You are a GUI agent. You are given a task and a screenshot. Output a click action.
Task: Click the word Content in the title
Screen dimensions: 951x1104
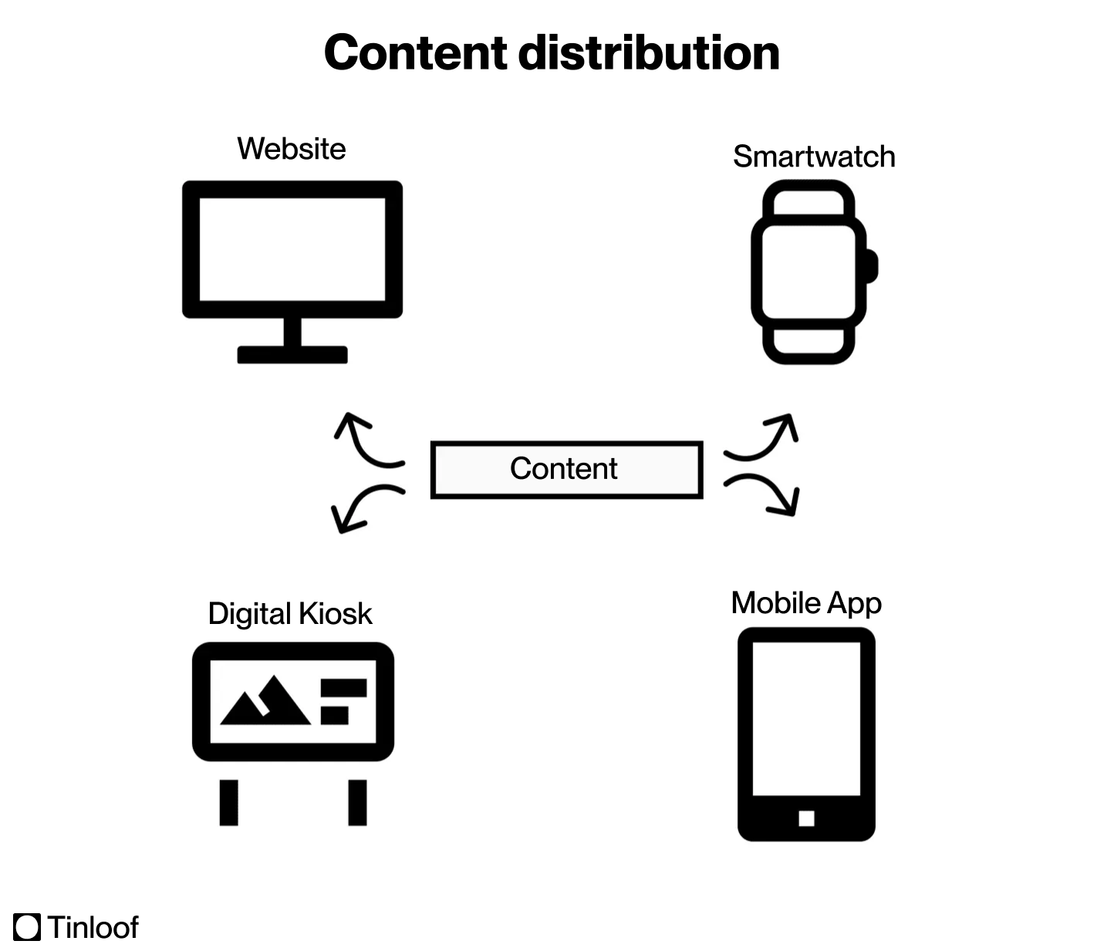point(415,52)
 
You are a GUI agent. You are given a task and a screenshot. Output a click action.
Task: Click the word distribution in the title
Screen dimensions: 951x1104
point(648,52)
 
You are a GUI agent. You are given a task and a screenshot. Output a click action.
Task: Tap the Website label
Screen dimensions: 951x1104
point(292,148)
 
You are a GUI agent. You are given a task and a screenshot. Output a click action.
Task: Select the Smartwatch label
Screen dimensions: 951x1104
point(814,157)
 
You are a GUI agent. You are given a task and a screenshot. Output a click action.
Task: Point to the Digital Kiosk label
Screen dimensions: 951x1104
point(290,614)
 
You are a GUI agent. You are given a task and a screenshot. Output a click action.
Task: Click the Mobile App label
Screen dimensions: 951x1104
point(806,603)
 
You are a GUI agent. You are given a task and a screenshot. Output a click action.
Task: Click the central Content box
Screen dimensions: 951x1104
point(566,469)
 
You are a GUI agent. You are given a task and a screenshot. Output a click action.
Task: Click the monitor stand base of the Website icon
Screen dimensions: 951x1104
point(292,355)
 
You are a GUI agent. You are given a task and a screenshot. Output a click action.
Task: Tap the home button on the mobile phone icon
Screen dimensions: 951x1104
point(806,818)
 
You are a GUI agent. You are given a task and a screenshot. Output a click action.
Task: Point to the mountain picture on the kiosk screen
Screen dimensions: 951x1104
point(265,702)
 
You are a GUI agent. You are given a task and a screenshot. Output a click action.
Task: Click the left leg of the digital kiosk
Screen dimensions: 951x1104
point(229,802)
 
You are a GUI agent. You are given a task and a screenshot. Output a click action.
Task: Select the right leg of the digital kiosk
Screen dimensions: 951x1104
point(357,802)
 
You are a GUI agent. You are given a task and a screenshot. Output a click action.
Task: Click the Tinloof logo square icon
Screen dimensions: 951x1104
point(27,926)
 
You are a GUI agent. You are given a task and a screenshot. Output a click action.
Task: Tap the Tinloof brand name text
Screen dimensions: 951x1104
point(93,926)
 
